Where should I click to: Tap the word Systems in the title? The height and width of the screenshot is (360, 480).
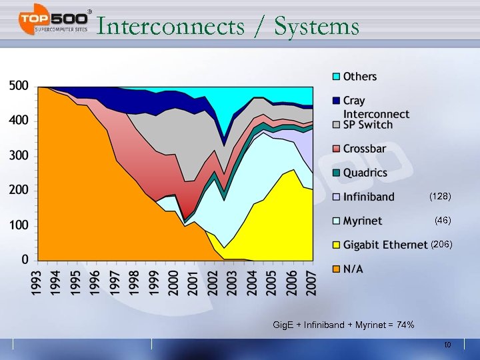click(317, 27)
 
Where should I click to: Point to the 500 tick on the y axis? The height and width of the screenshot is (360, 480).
click(19, 86)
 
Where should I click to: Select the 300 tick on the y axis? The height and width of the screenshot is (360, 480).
click(19, 155)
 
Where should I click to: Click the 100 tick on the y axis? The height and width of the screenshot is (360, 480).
click(19, 225)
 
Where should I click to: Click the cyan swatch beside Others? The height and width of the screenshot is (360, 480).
click(337, 77)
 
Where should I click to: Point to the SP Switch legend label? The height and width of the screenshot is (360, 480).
click(368, 125)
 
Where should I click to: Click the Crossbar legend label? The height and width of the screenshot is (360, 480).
click(364, 149)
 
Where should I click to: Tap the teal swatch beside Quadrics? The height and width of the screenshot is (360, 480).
click(337, 173)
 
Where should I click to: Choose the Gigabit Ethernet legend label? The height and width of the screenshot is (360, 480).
click(385, 245)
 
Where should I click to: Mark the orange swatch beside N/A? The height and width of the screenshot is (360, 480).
click(337, 269)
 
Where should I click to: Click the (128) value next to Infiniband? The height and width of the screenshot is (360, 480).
click(441, 197)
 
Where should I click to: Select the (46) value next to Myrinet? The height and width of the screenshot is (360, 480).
click(443, 219)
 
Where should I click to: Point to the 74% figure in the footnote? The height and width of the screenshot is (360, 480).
click(404, 325)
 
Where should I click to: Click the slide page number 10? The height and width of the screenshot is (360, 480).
click(448, 345)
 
